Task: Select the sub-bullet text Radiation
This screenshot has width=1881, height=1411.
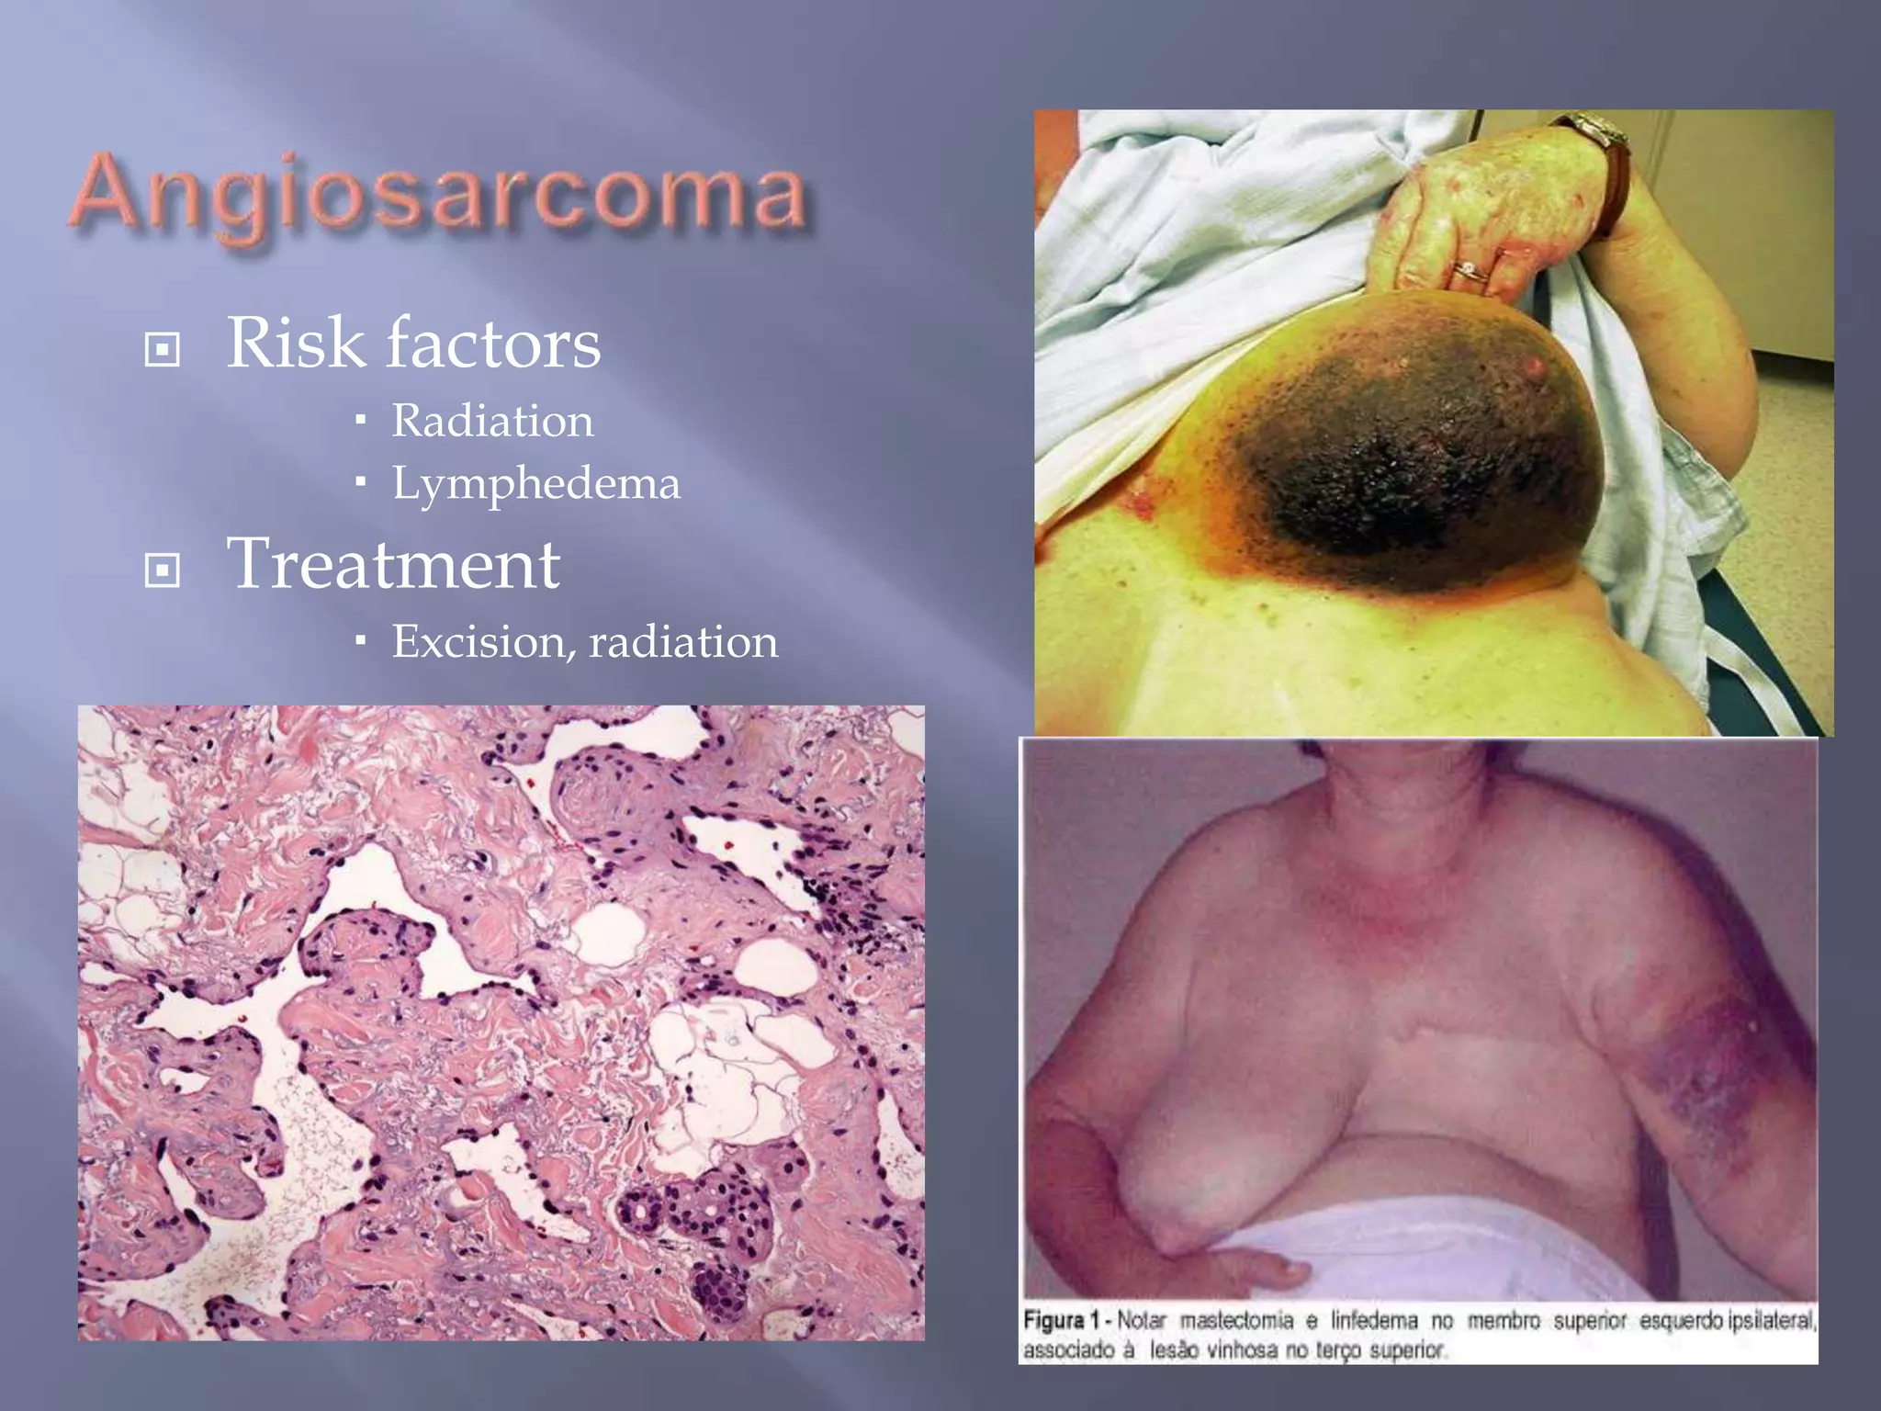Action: pos(492,422)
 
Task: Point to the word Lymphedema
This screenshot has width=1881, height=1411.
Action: pos(536,484)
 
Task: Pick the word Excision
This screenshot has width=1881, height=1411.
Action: pos(478,642)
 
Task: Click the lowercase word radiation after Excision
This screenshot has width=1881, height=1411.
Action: pos(683,642)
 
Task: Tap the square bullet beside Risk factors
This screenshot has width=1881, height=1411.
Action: pos(163,349)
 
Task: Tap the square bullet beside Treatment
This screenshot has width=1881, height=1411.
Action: pos(163,570)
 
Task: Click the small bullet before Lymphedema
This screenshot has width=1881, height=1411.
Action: pos(361,481)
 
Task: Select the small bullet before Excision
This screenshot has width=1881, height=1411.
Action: pos(361,639)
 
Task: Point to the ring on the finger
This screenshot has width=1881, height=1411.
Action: pos(1470,271)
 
